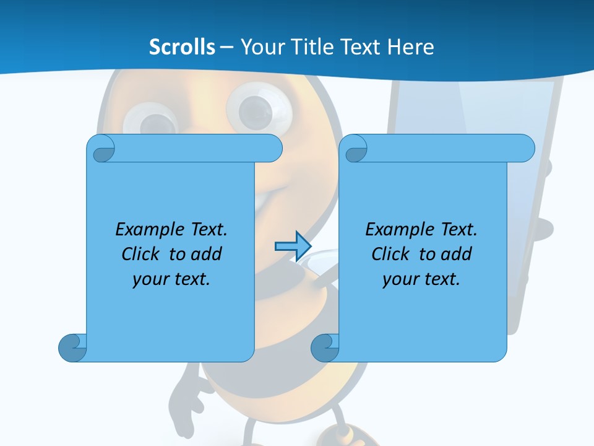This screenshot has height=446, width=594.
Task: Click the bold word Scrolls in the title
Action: (182, 46)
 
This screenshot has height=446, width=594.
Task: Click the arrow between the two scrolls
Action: (293, 247)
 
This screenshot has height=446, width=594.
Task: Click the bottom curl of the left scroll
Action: (72, 348)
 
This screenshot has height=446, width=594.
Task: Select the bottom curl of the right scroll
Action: (325, 348)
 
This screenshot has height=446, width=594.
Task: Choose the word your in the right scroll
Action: (401, 279)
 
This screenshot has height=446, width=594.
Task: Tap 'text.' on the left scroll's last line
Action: (191, 279)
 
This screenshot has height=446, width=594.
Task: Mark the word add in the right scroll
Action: (457, 254)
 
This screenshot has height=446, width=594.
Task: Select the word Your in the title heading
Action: (259, 46)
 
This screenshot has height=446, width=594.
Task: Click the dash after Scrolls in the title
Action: (226, 46)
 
